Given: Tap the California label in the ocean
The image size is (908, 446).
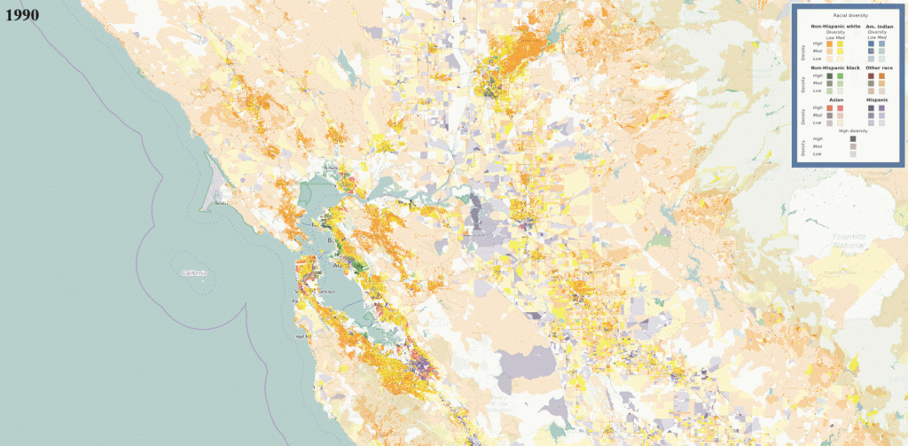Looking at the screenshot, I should (193, 273).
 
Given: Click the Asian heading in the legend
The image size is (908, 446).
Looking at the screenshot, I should (835, 100).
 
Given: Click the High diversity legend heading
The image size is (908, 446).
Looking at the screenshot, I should (852, 130).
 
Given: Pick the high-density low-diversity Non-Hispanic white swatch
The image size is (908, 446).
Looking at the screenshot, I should (829, 44).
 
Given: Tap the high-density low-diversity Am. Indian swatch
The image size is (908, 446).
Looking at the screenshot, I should (871, 44).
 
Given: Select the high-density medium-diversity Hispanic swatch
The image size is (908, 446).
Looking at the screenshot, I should (881, 108).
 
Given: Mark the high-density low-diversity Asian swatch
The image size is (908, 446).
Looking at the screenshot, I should (829, 108).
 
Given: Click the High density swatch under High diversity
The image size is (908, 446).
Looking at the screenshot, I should (852, 139).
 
